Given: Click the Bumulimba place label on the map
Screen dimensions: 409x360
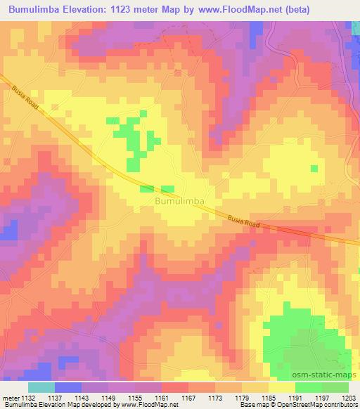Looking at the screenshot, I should (179, 201).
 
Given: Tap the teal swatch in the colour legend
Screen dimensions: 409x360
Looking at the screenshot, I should (41, 387).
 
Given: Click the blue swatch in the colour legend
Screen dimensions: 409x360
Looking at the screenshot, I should (67, 387).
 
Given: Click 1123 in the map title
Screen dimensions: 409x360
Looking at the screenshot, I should (129, 10).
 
